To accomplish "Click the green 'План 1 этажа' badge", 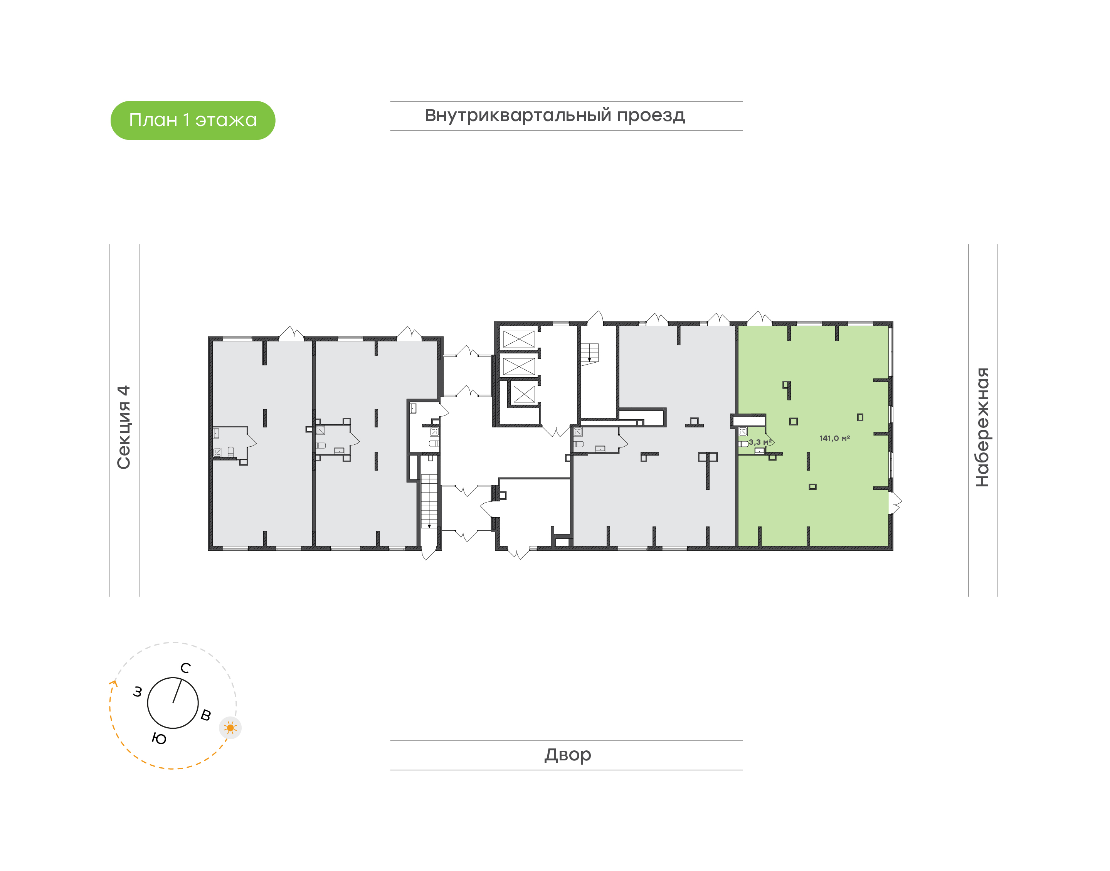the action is click(x=193, y=120).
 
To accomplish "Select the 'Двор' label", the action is click(x=567, y=754).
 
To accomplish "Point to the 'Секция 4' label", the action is click(x=124, y=427).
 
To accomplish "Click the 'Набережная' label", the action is click(x=982, y=427).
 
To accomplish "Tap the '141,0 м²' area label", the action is click(x=834, y=438).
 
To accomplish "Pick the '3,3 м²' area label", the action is click(x=760, y=442).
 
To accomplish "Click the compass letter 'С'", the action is click(x=186, y=668).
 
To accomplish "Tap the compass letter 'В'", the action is click(x=206, y=715).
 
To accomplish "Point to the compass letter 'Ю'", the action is click(x=159, y=739).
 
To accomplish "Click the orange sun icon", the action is click(x=230, y=728).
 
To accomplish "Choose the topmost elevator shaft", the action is click(x=518, y=339).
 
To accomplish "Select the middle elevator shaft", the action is click(x=518, y=366).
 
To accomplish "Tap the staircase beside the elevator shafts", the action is click(x=589, y=352).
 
